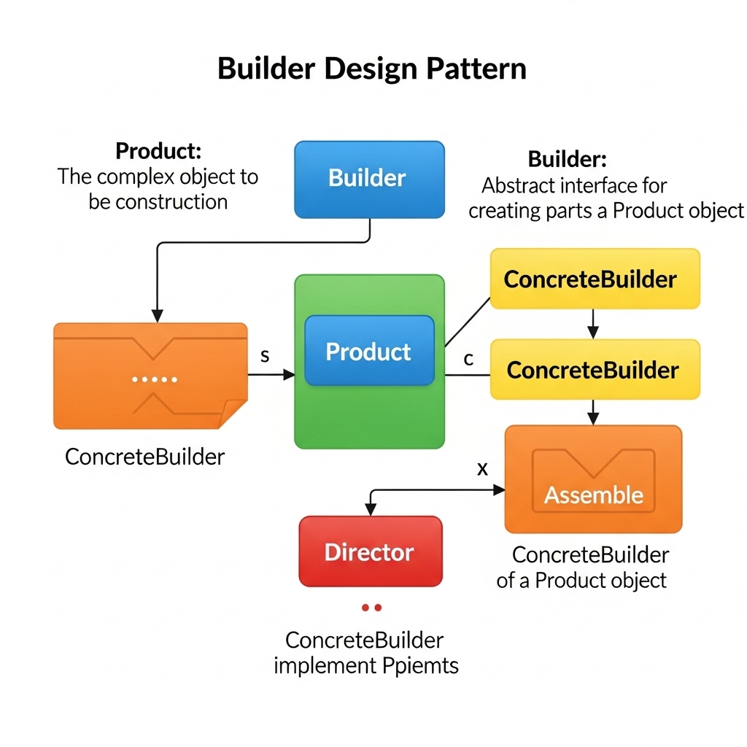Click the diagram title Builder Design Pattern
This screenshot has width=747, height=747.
coord(372,69)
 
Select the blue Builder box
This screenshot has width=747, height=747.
coord(369,179)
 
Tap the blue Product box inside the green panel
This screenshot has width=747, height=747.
coord(369,351)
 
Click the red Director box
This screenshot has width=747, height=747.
coord(370,551)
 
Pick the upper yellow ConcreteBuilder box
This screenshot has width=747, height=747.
coord(594,279)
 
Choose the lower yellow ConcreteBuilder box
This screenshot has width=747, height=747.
coord(594,370)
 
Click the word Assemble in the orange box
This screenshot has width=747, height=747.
coord(594,495)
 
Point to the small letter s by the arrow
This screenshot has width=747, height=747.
coord(265,356)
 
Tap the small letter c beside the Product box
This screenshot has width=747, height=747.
coord(469,359)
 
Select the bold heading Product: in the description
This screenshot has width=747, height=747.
coord(158,152)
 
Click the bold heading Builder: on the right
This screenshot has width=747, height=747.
coord(567,160)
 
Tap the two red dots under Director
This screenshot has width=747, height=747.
coord(371,607)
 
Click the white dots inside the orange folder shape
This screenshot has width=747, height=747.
coord(155,379)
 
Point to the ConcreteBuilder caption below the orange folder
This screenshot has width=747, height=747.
coord(144,457)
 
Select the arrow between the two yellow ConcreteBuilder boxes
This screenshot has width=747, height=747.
coord(593,323)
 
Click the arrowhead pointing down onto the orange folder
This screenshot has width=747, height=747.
coord(157,316)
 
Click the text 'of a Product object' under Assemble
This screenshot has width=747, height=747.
coord(581,581)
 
